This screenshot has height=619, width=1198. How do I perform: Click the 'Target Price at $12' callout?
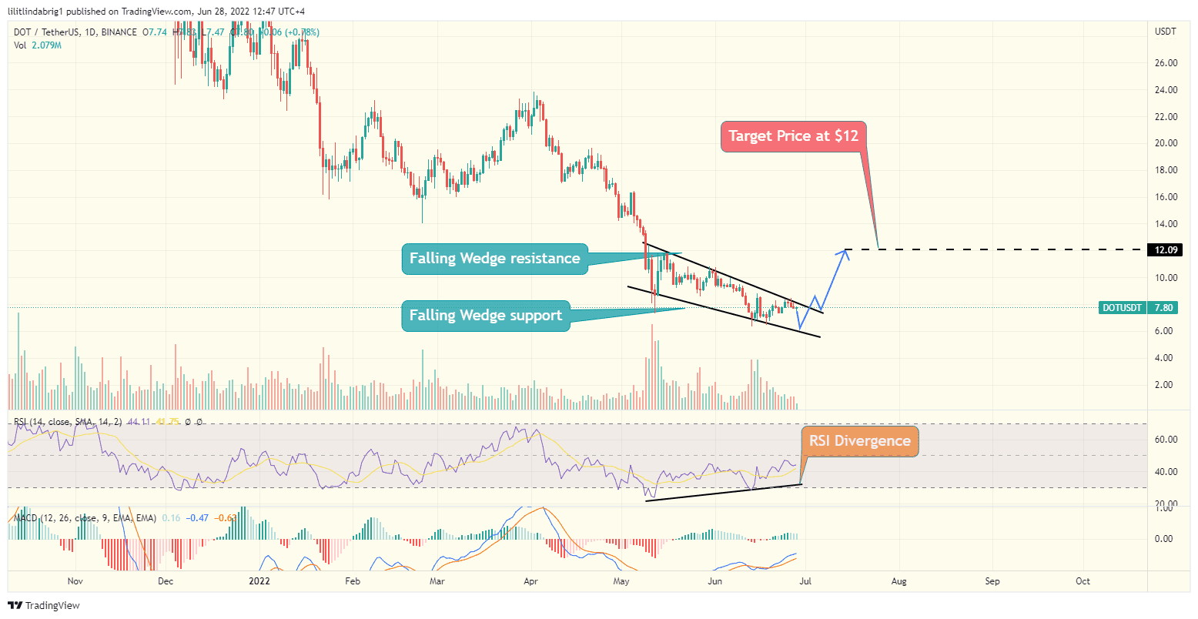793,136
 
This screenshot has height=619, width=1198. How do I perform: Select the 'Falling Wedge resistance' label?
494,259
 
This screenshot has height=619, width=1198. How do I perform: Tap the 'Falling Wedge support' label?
485,316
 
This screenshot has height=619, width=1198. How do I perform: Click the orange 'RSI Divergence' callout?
859,441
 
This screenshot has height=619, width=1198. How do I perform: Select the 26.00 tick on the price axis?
1166,63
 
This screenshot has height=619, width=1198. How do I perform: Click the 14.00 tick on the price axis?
1166,224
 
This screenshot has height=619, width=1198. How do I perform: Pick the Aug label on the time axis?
898,581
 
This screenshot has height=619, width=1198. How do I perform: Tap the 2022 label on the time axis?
257,581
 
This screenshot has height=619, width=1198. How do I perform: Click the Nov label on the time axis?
75,581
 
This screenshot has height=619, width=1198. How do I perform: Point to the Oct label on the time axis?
1083,581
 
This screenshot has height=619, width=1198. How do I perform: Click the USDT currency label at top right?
1165,32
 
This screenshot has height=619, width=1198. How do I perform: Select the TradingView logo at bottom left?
44,606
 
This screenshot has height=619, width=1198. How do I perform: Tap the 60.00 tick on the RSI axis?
1166,440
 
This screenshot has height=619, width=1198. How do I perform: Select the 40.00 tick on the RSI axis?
1166,472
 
